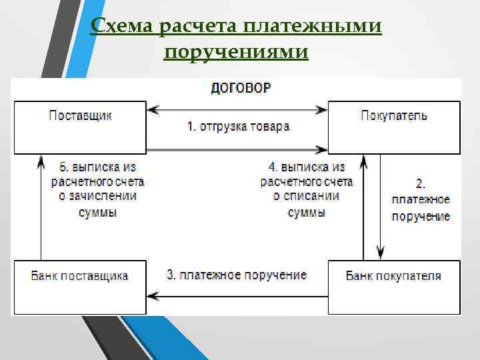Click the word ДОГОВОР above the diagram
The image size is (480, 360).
tap(241, 88)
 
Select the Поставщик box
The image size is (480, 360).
tap(80, 127)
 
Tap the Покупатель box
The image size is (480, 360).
tap(393, 127)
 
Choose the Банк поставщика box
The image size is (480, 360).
tap(80, 287)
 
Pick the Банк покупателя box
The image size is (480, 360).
tap(393, 287)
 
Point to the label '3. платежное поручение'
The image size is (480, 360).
tap(237, 275)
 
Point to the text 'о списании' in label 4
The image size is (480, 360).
tap(306, 197)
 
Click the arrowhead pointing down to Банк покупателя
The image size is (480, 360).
tap(380, 253)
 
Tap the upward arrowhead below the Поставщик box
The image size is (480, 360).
tap(40, 161)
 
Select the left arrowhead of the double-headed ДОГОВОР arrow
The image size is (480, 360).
tap(153, 109)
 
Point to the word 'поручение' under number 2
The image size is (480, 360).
tap(421, 216)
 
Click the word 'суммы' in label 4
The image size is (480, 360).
tap(306, 213)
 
